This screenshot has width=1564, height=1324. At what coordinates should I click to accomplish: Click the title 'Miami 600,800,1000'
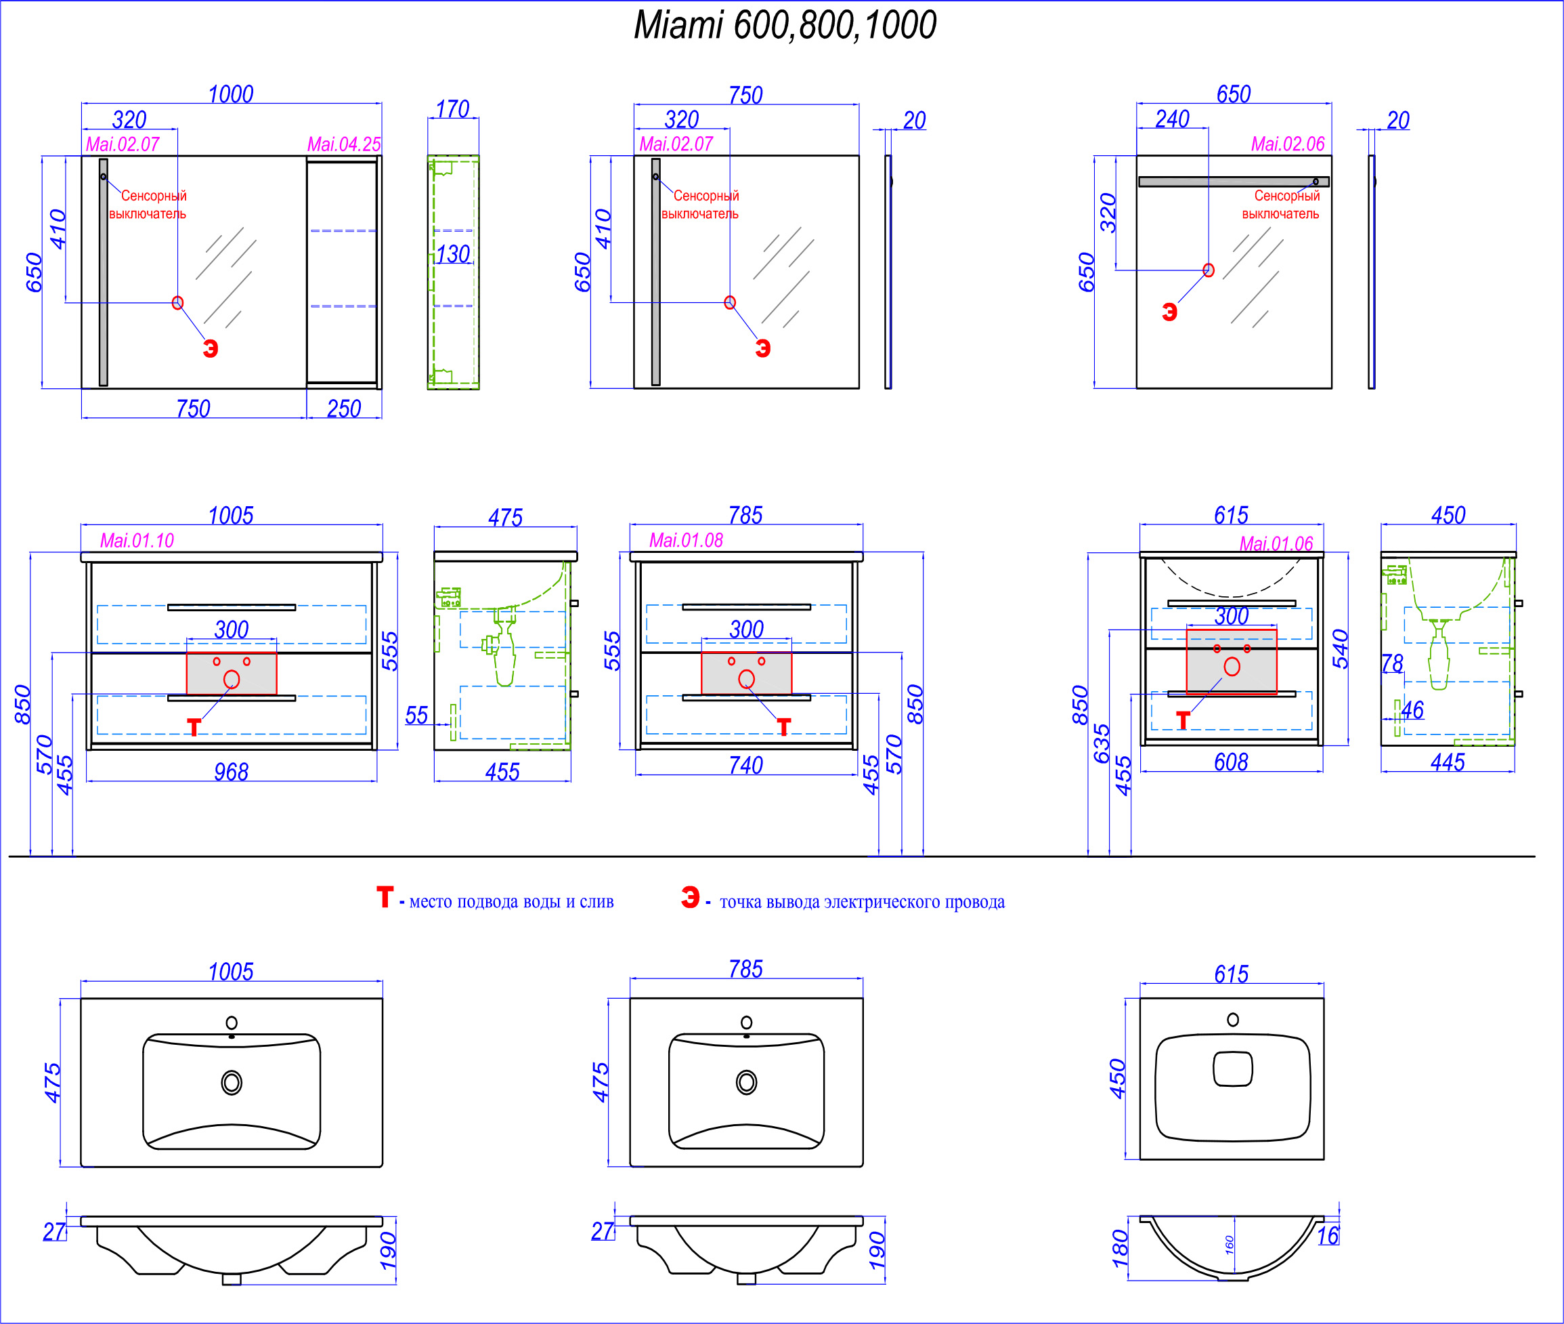(x=785, y=26)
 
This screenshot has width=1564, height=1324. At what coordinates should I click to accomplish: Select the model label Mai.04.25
(x=345, y=144)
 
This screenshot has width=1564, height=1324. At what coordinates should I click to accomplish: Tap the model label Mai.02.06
(x=1288, y=144)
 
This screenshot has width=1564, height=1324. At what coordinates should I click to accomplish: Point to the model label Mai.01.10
(x=137, y=541)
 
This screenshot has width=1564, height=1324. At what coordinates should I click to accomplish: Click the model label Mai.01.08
(x=687, y=541)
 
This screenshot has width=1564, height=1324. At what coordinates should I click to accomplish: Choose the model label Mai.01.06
(x=1276, y=543)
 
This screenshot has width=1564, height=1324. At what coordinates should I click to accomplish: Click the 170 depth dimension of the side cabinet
(x=452, y=110)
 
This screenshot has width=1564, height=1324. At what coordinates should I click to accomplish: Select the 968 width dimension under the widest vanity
(x=231, y=772)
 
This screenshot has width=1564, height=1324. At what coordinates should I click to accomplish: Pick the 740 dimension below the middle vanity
(x=745, y=765)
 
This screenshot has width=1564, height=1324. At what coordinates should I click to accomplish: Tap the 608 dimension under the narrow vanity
(x=1231, y=762)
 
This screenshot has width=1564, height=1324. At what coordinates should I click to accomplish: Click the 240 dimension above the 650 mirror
(x=1173, y=119)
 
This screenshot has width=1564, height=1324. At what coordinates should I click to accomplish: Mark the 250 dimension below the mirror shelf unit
(x=345, y=409)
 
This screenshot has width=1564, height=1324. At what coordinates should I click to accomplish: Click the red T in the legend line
(x=385, y=897)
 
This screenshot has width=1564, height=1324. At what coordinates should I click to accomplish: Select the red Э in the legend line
(x=690, y=897)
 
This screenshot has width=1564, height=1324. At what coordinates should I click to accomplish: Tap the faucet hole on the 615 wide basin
(x=1233, y=1019)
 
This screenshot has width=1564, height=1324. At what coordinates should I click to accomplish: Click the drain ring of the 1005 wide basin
(x=232, y=1082)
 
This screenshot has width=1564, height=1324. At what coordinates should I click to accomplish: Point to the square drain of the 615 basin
(x=1233, y=1069)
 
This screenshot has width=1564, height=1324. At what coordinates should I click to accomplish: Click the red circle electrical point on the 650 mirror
(x=1209, y=270)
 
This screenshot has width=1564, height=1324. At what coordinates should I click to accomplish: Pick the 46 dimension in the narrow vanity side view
(x=1412, y=710)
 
